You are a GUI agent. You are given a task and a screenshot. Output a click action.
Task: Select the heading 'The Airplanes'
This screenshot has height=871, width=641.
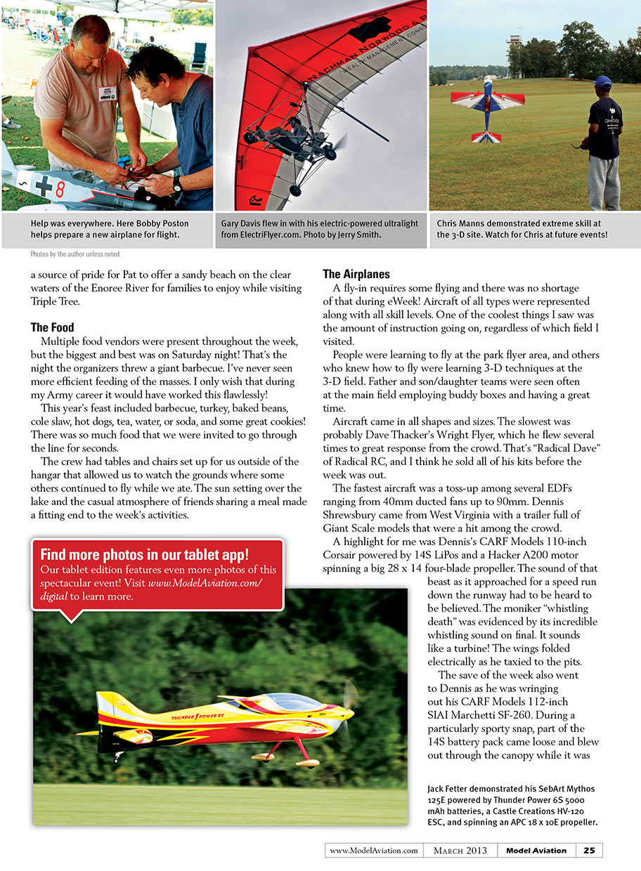click(357, 273)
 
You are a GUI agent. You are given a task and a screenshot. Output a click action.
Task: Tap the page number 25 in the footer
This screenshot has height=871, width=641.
click(589, 850)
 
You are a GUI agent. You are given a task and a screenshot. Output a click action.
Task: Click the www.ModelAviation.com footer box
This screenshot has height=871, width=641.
click(373, 850)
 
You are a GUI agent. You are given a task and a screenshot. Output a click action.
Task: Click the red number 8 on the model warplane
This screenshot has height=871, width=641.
click(60, 188)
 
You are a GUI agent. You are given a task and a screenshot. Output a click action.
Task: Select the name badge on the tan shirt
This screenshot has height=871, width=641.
click(107, 94)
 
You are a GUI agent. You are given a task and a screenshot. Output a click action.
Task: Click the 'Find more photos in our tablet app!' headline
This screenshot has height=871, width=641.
click(144, 554)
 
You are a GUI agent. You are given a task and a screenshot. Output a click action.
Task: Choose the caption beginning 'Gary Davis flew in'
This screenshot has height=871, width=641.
click(320, 229)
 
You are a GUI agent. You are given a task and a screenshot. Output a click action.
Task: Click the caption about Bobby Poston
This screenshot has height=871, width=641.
click(105, 229)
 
